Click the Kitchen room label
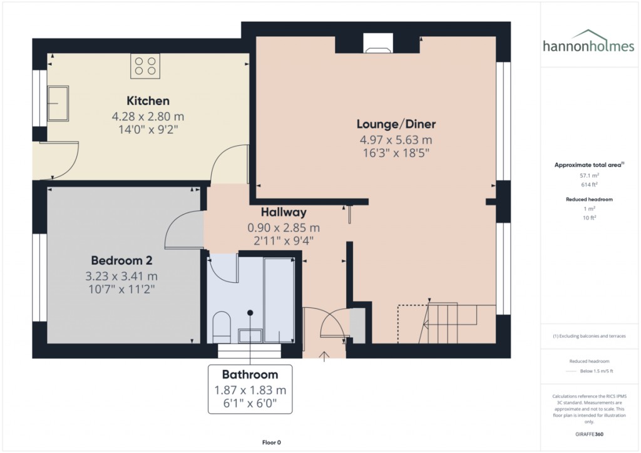(x=148, y=101)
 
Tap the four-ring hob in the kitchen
(x=145, y=66)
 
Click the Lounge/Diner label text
(x=396, y=123)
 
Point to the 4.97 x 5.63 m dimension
(x=396, y=140)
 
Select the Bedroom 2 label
(x=121, y=260)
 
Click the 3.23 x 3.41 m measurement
(x=121, y=276)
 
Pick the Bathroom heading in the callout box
(x=250, y=375)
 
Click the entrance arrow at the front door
(x=324, y=357)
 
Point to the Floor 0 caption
(x=271, y=442)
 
